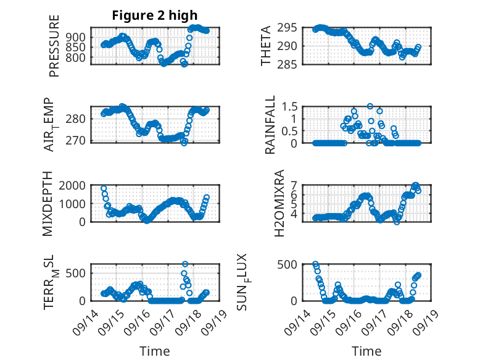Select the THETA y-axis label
(x=265, y=46)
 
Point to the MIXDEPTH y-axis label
(x=49, y=204)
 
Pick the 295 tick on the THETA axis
(x=290, y=28)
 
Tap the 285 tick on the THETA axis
(x=290, y=64)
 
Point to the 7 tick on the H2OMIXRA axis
(x=294, y=185)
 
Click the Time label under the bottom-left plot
(x=154, y=351)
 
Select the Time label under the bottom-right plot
(x=366, y=351)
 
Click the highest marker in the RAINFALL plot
(x=370, y=106)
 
